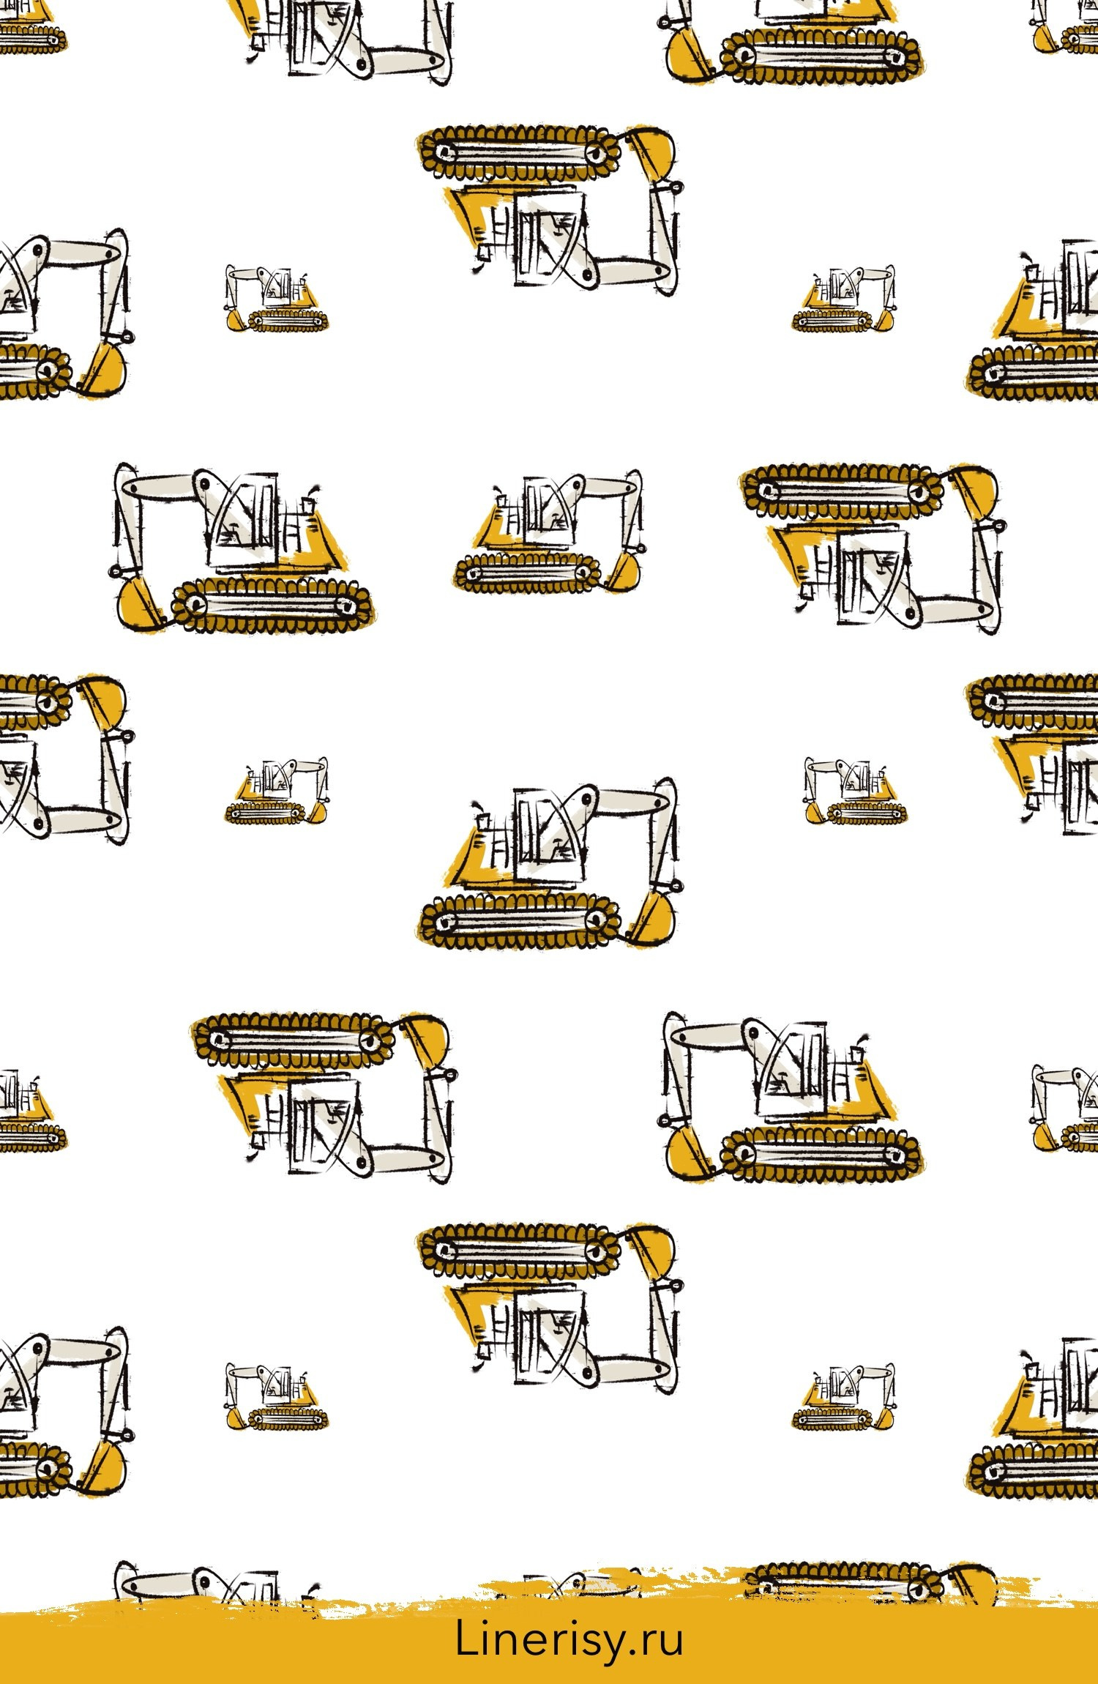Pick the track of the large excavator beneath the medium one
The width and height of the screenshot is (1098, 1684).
tap(520, 920)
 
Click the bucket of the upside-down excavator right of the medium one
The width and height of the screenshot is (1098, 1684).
tap(974, 492)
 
